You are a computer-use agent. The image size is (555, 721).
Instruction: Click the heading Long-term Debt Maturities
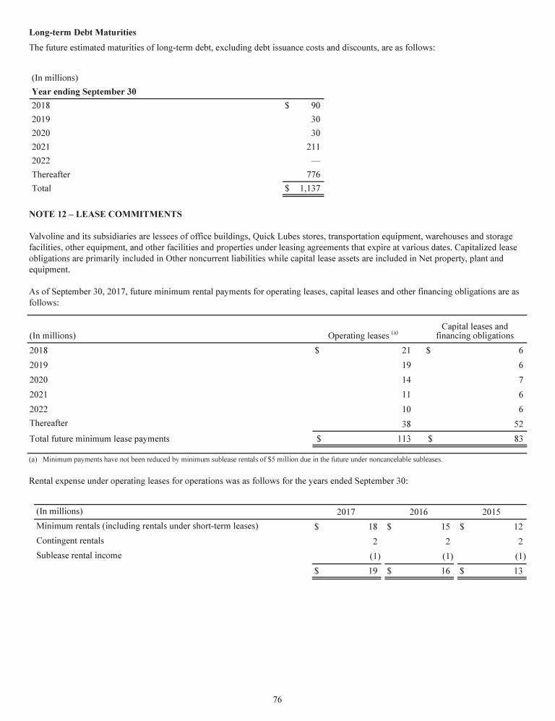(x=82, y=33)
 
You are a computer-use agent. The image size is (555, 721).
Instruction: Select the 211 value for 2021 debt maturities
(x=312, y=146)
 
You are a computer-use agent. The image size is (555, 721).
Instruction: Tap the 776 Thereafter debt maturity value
(x=312, y=174)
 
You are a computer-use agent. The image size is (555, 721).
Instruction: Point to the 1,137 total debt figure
(x=309, y=188)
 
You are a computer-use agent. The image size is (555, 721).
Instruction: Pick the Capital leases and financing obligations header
(x=474, y=331)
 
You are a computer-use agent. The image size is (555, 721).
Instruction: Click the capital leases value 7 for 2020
(x=520, y=380)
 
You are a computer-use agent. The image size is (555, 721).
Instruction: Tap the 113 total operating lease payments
(x=403, y=438)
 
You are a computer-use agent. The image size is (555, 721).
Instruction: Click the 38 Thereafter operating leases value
(x=405, y=424)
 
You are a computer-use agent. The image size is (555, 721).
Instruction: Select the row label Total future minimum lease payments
(x=99, y=438)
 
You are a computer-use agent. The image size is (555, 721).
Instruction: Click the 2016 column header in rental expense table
(x=418, y=512)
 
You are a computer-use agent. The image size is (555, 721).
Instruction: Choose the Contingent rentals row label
(x=70, y=540)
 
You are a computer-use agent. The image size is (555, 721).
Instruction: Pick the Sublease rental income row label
(x=79, y=555)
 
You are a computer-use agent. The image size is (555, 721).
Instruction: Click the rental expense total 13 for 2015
(x=518, y=571)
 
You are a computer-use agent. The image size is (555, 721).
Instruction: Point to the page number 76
(x=277, y=699)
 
